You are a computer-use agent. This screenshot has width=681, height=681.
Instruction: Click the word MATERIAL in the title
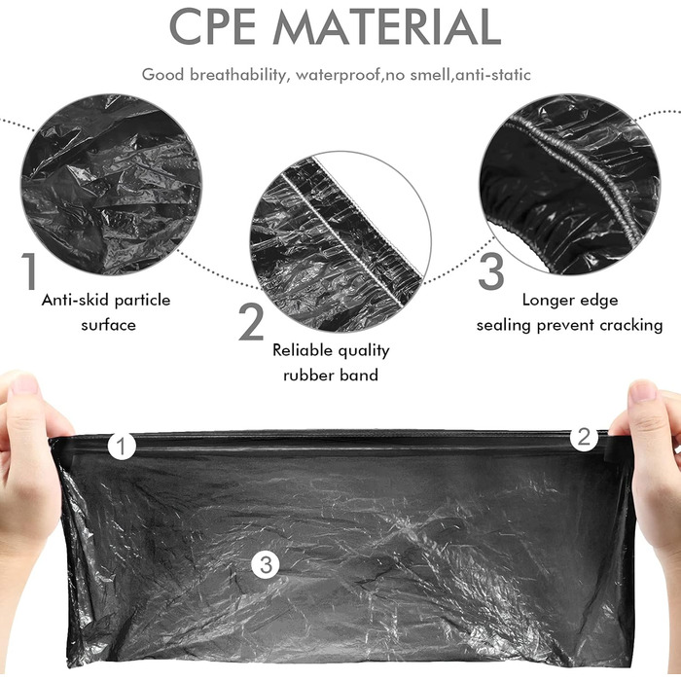[x=387, y=26]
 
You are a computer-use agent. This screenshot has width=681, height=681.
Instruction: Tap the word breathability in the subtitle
[x=238, y=75]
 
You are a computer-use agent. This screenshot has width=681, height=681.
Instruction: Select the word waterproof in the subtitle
[x=338, y=76]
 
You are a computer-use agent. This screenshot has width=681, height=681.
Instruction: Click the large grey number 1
[x=29, y=271]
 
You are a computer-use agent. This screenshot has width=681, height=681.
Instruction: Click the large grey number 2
[x=251, y=321]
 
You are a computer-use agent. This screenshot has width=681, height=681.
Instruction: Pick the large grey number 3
[x=491, y=271]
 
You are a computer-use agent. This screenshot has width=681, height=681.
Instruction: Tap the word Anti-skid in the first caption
[x=73, y=300]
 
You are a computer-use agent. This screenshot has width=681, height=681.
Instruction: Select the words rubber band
[x=331, y=375]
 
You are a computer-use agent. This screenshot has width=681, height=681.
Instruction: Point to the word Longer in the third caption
[x=547, y=301]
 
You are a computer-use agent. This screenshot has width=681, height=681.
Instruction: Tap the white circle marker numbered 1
[x=122, y=446]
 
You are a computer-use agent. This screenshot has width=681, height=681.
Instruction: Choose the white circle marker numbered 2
[x=584, y=437]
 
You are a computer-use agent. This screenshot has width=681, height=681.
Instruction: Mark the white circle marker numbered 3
[x=266, y=564]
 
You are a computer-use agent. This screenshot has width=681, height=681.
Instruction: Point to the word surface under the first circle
[x=108, y=325]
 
